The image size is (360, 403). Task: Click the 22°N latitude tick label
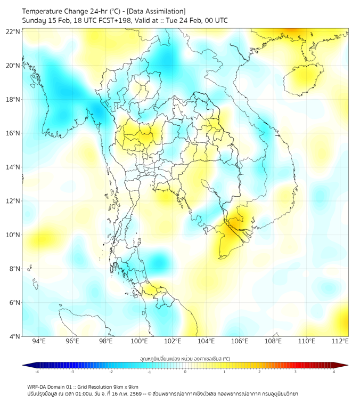pyautogui.click(x=13, y=31)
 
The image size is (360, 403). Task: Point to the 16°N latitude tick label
pyautogui.click(x=13, y=133)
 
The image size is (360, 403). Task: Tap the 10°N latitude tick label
pyautogui.click(x=13, y=235)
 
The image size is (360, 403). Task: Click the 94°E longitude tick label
pyautogui.click(x=39, y=341)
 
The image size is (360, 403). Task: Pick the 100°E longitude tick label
pyautogui.click(x=139, y=341)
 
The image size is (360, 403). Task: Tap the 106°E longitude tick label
pyautogui.click(x=240, y=341)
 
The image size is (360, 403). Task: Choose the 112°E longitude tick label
pyautogui.click(x=340, y=341)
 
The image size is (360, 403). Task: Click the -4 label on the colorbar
pyautogui.click(x=36, y=372)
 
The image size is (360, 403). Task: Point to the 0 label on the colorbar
pyautogui.click(x=185, y=372)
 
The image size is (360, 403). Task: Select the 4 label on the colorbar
pyautogui.click(x=334, y=372)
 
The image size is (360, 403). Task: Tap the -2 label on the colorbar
pyautogui.click(x=110, y=372)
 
